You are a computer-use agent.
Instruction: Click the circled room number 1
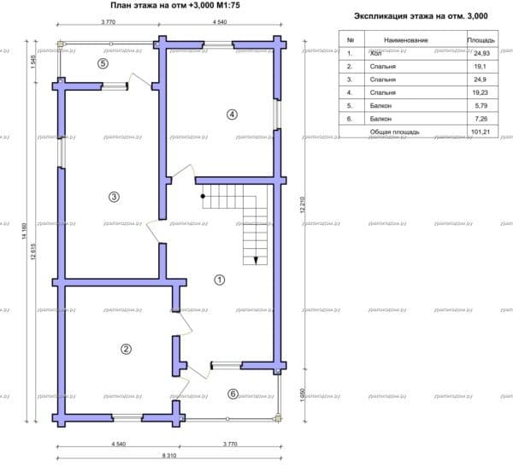click(219, 279)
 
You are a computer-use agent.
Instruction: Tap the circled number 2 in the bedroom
click(126, 348)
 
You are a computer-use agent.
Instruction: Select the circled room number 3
click(114, 197)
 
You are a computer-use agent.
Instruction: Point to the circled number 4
click(231, 115)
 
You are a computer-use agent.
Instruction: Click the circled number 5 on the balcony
click(103, 63)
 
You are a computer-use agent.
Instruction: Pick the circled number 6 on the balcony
click(233, 393)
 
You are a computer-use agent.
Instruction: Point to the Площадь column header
click(479, 39)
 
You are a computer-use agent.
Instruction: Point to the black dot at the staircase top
click(203, 197)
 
